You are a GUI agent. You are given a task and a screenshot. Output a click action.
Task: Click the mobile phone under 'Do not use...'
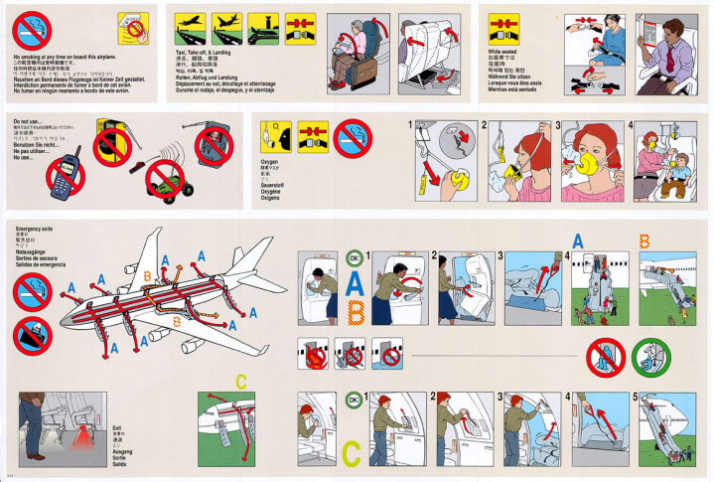point(62,171)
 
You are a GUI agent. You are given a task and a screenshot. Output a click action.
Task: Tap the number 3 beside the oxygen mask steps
point(560,125)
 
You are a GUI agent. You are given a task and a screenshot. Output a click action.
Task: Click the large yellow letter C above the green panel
point(241,379)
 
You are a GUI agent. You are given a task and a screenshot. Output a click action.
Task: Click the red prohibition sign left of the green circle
point(605,356)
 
